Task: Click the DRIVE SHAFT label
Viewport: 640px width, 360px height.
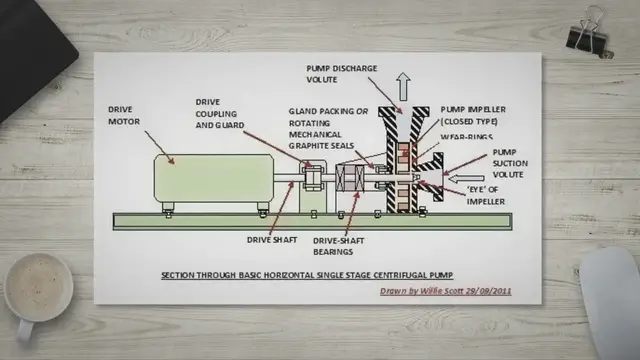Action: [x=267, y=240]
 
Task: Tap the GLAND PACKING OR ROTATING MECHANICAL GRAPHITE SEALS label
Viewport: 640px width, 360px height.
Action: [x=323, y=126]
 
